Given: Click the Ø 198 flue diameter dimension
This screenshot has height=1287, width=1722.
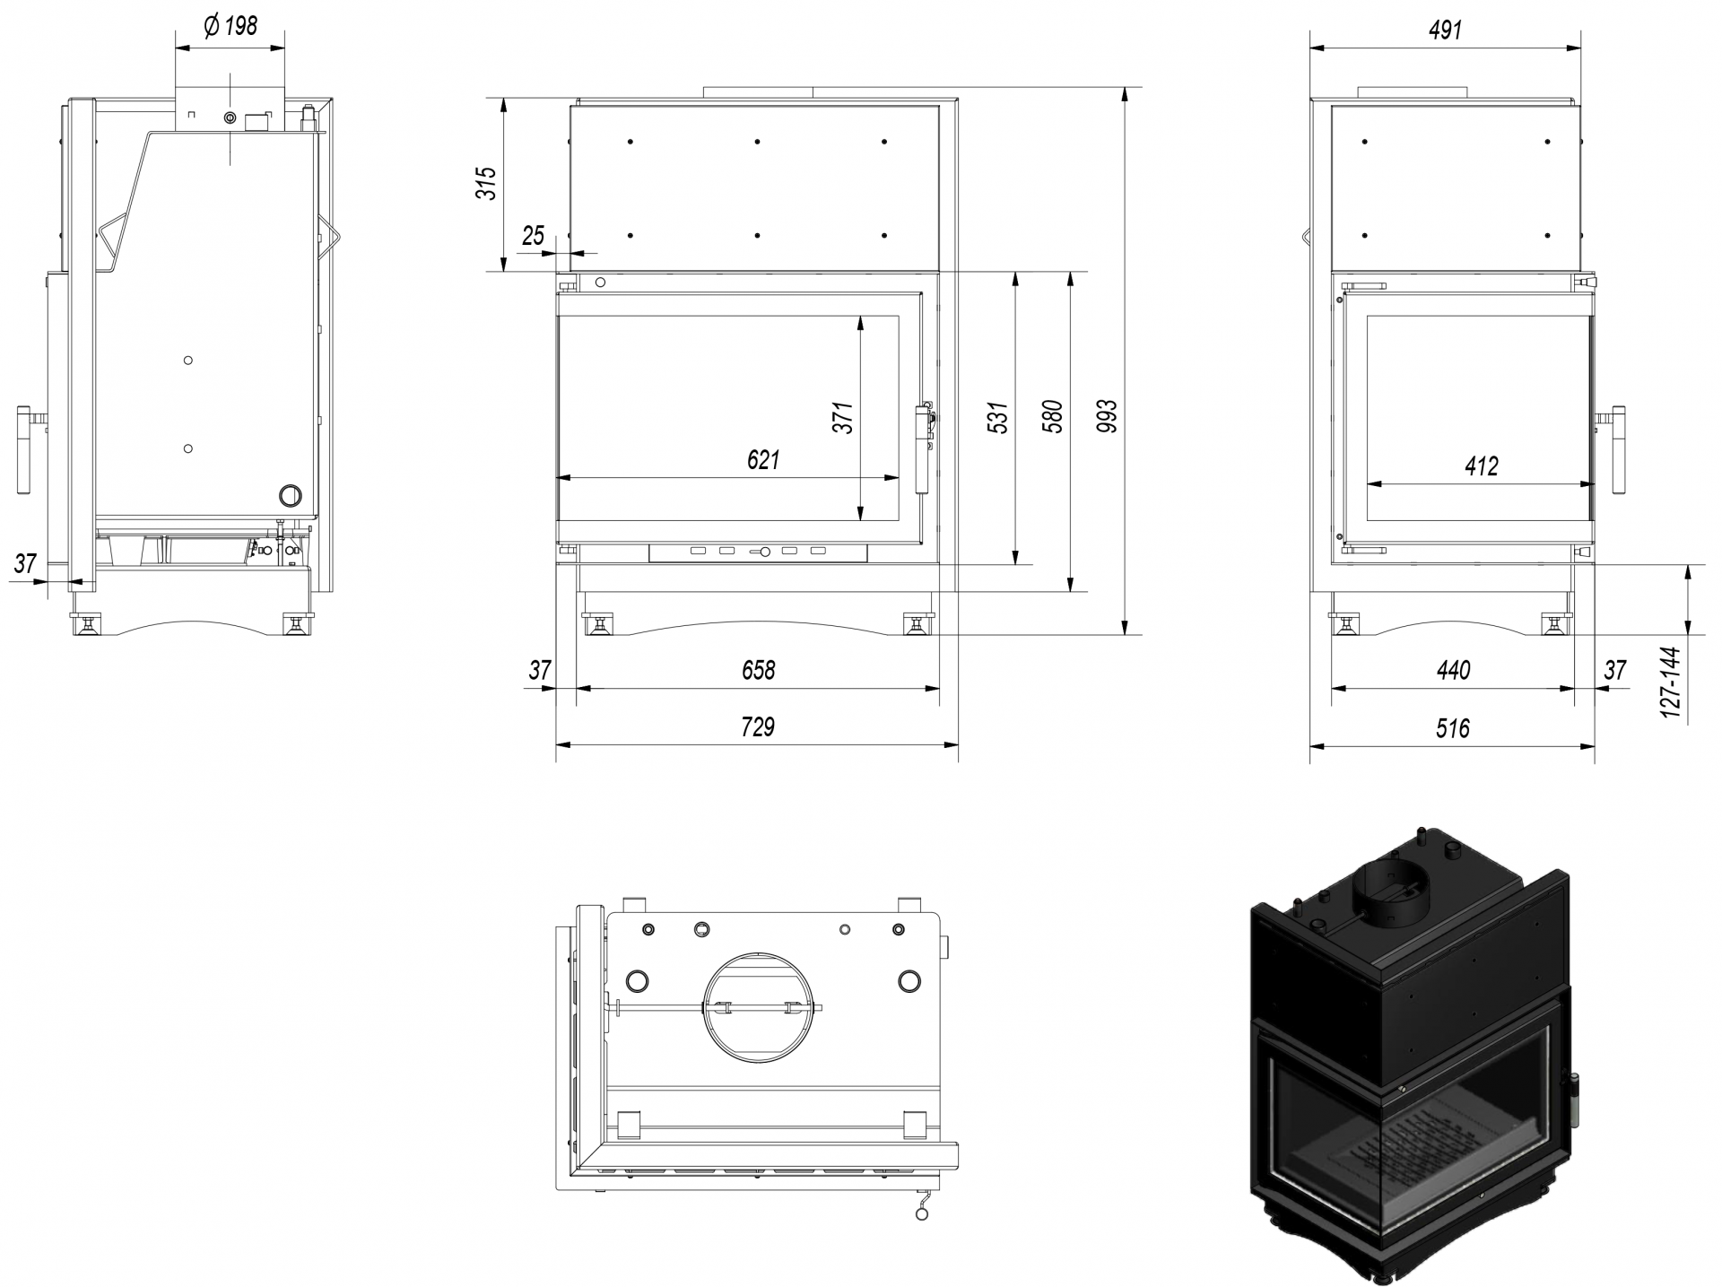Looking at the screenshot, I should pos(230,26).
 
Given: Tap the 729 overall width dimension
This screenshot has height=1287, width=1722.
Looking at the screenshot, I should pos(758,726).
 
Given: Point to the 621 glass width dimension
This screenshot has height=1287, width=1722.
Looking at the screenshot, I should pos(763,460).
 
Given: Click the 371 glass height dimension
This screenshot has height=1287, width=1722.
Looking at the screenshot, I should pos(843,418).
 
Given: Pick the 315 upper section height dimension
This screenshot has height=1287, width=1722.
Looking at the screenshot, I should pos(485,183).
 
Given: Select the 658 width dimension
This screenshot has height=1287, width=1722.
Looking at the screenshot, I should pos(758,670).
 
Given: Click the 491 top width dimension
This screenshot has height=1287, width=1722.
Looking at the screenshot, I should pos(1445,30).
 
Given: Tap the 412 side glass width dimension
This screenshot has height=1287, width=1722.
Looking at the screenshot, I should pos(1481,466).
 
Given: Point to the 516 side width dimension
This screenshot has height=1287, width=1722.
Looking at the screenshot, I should pos(1452,727).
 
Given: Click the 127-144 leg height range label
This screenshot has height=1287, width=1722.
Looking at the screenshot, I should pos(1670,682).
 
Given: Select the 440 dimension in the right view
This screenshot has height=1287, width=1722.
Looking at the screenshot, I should pos(1453,670).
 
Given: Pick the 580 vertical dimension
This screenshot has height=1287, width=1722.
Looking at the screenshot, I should pos(1055,417).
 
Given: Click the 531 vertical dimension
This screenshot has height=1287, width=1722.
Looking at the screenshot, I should pos(999,418).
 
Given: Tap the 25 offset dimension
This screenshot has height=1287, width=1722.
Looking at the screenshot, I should pos(533,236).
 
